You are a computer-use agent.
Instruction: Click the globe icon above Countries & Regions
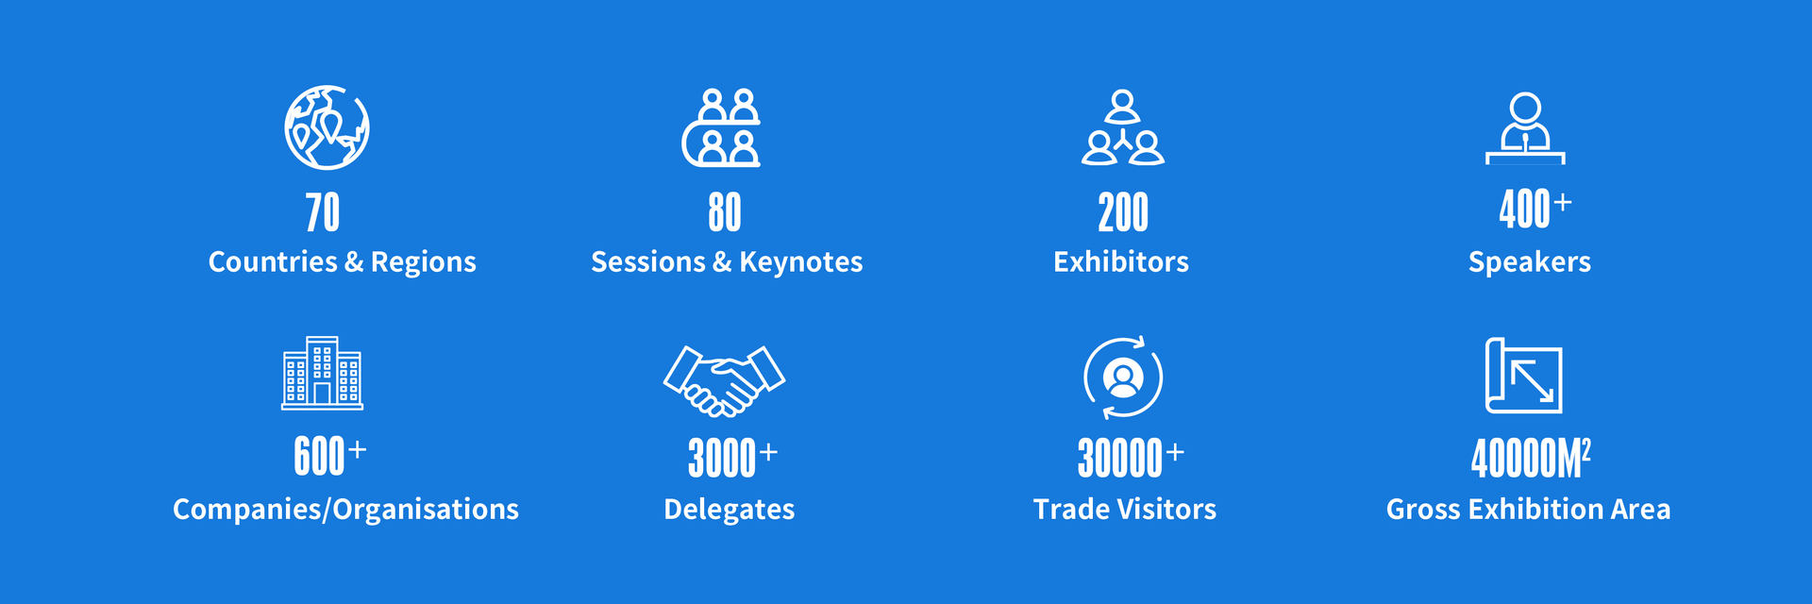pos(327,127)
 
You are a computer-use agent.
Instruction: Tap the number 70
pos(323,212)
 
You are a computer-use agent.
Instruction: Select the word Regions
pos(423,262)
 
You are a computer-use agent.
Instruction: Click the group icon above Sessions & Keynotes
pos(721,127)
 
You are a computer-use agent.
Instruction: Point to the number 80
pos(725,212)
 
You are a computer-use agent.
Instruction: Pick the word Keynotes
pos(800,261)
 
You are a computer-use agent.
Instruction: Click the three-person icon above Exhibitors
pos(1123,127)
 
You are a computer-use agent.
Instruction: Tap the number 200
pos(1123,212)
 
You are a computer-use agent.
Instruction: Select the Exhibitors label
pos(1121,261)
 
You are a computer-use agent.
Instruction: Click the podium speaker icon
pos(1525,128)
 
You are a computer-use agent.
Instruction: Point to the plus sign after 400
pos(1563,202)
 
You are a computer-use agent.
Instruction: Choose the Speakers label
pos(1530,261)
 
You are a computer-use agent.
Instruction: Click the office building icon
pos(322,373)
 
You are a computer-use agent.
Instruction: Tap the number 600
pos(319,457)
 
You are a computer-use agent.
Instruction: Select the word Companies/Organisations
pos(345,510)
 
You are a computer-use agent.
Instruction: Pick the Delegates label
pos(729,510)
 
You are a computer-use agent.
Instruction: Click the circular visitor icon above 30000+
pos(1123,377)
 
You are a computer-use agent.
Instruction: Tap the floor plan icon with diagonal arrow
pos(1523,376)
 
